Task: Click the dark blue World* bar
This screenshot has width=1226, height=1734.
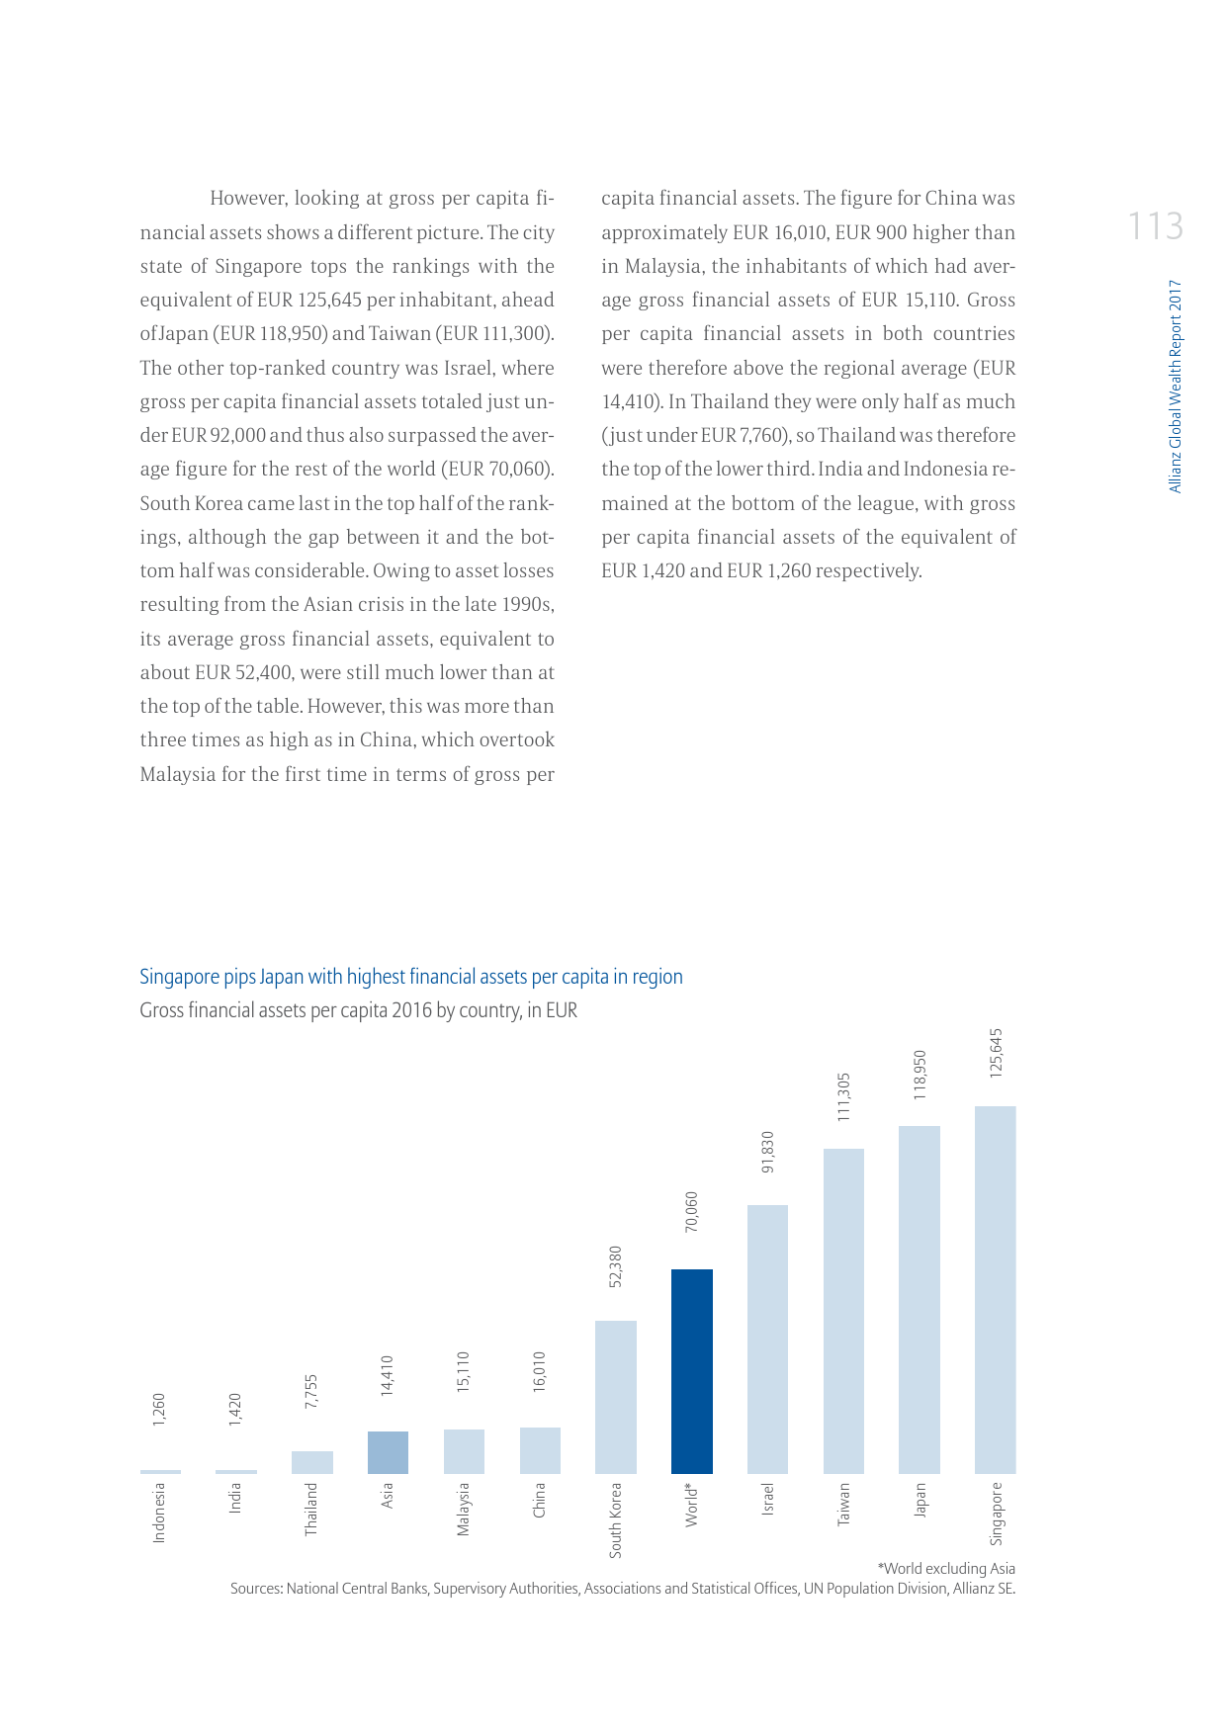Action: click(691, 1371)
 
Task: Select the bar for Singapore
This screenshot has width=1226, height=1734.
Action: click(995, 1289)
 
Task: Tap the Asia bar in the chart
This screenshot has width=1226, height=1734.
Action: click(388, 1452)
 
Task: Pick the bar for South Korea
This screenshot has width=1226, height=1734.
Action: click(615, 1397)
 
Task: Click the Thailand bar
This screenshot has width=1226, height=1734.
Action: click(311, 1462)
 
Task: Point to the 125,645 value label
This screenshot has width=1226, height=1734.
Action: click(996, 1053)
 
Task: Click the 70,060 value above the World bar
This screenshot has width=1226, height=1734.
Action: click(691, 1211)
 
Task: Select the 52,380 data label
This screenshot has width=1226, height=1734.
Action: click(615, 1265)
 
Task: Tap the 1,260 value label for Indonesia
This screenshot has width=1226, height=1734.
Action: click(159, 1410)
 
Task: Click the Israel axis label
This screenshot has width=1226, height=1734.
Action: click(768, 1499)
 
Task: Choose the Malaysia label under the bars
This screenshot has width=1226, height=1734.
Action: click(464, 1509)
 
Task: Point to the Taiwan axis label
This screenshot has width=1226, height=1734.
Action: click(843, 1503)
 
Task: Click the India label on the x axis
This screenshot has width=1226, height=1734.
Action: click(235, 1498)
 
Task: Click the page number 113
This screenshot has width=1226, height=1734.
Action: click(1155, 226)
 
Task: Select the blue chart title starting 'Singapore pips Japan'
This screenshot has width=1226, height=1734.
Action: click(410, 977)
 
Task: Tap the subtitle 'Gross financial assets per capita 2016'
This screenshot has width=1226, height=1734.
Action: click(358, 1010)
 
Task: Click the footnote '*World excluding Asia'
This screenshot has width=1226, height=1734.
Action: click(945, 1568)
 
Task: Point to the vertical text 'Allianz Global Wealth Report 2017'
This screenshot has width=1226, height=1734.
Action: click(1175, 386)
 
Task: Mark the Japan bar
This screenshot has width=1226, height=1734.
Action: click(919, 1299)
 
